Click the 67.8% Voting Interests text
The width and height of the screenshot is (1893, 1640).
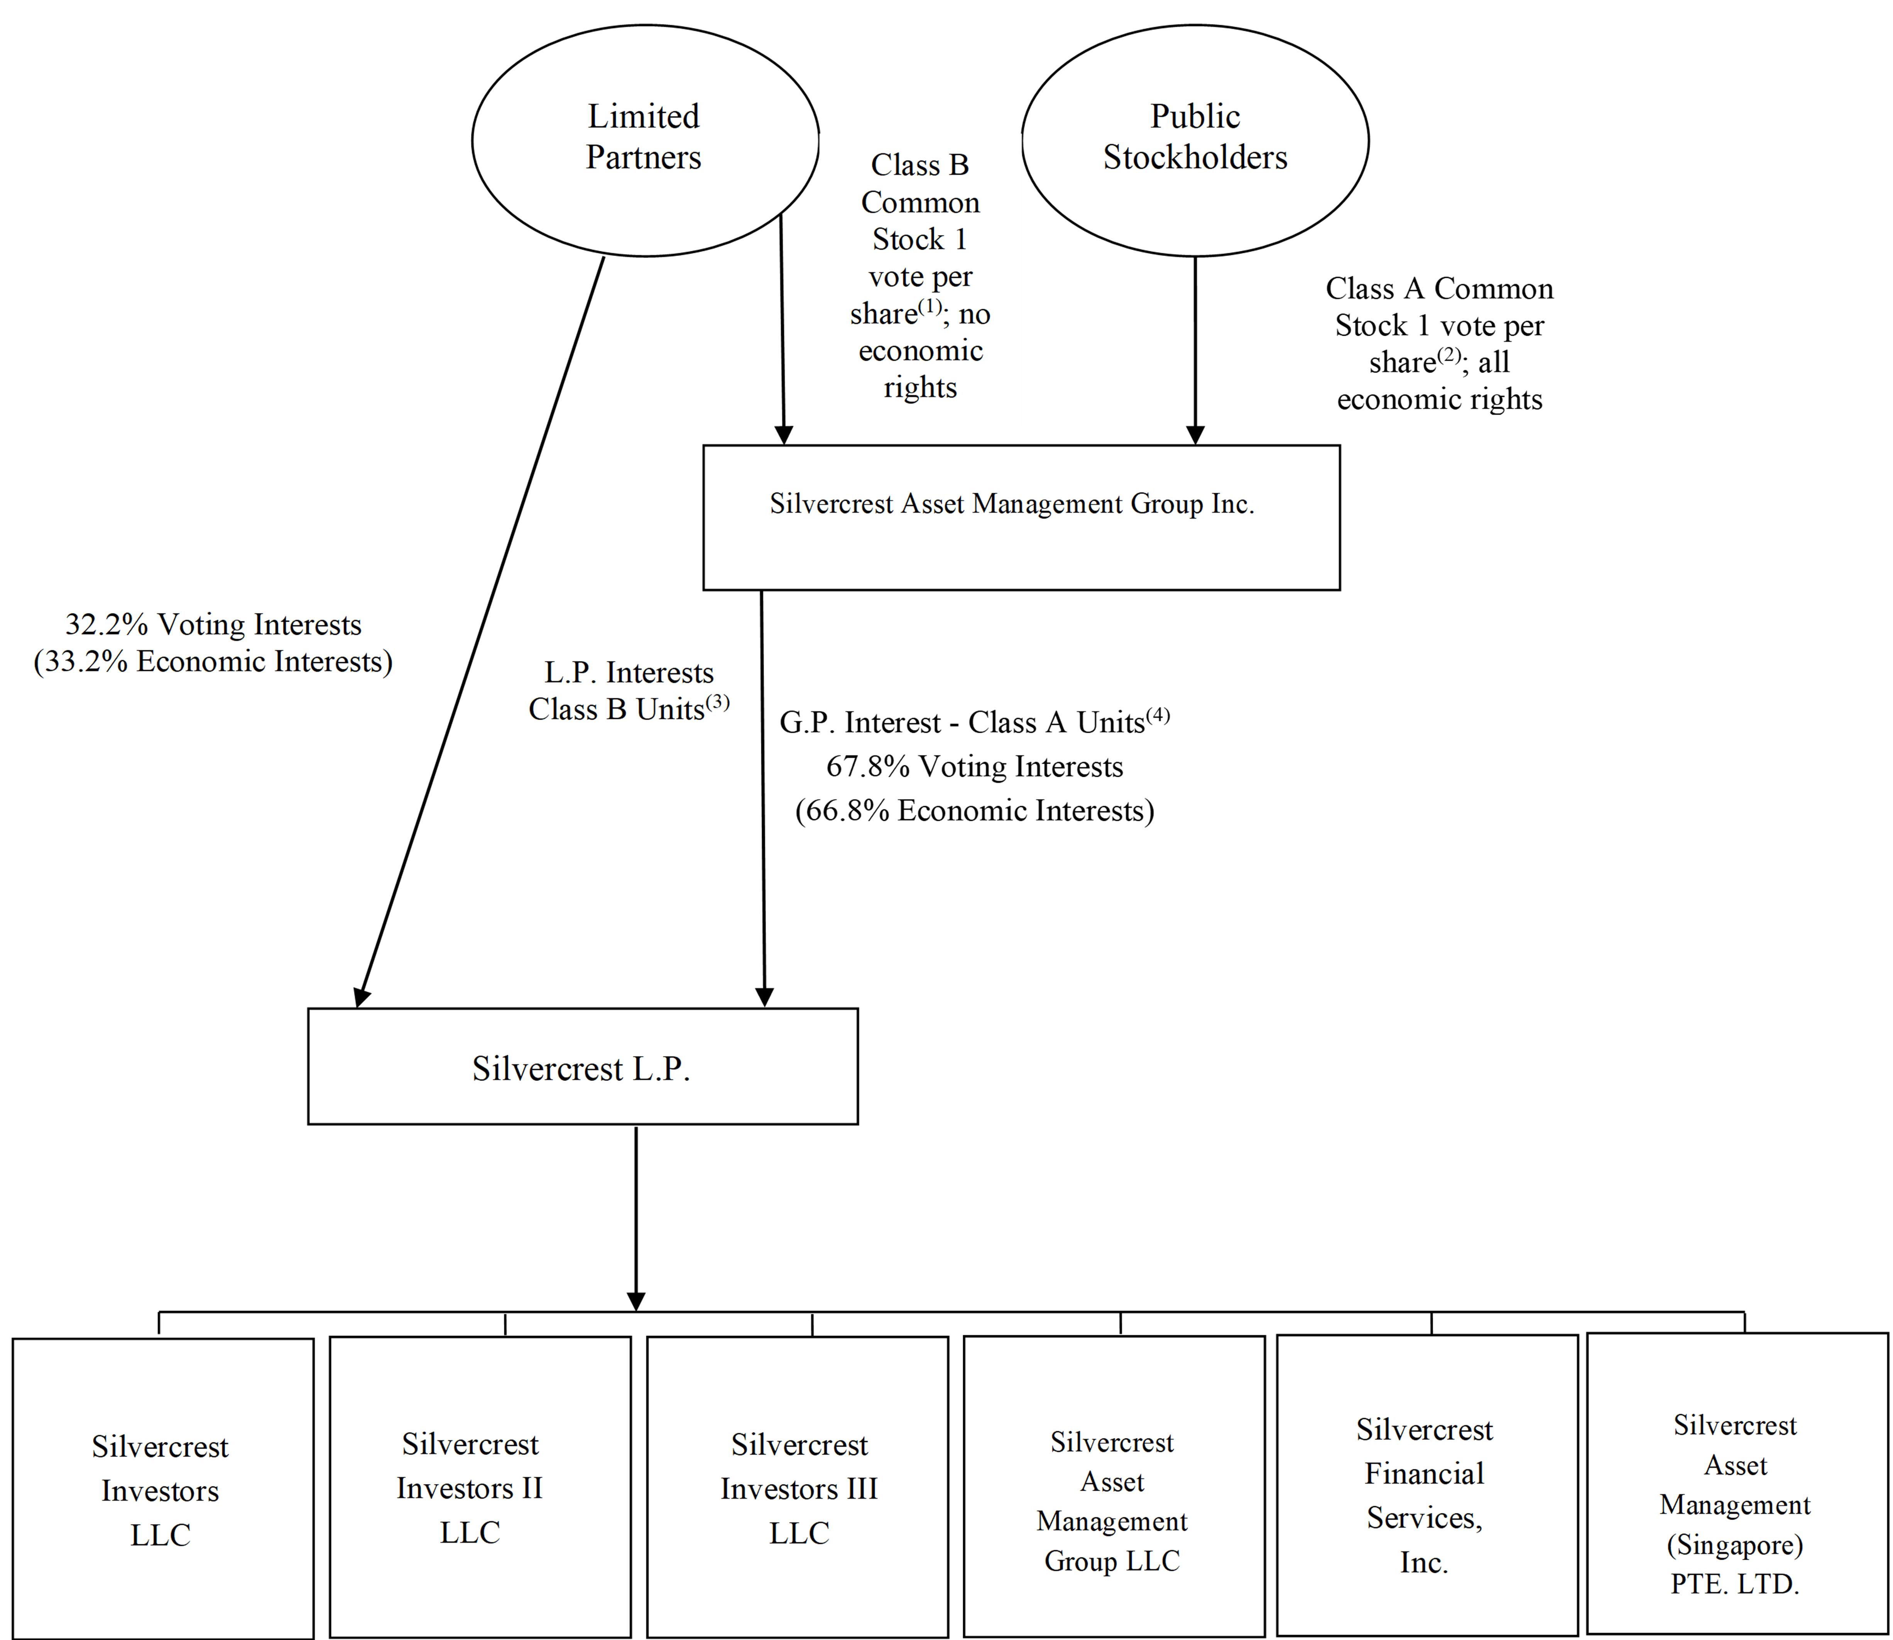click(974, 766)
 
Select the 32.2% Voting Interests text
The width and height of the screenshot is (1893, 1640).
click(213, 624)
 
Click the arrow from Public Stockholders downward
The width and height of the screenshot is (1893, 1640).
click(1195, 350)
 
